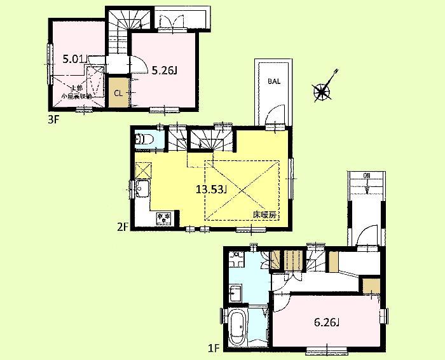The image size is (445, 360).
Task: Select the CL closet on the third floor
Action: coord(118,92)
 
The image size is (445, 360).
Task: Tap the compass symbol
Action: coord(324,92)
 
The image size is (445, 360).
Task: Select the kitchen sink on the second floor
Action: coord(141,189)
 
